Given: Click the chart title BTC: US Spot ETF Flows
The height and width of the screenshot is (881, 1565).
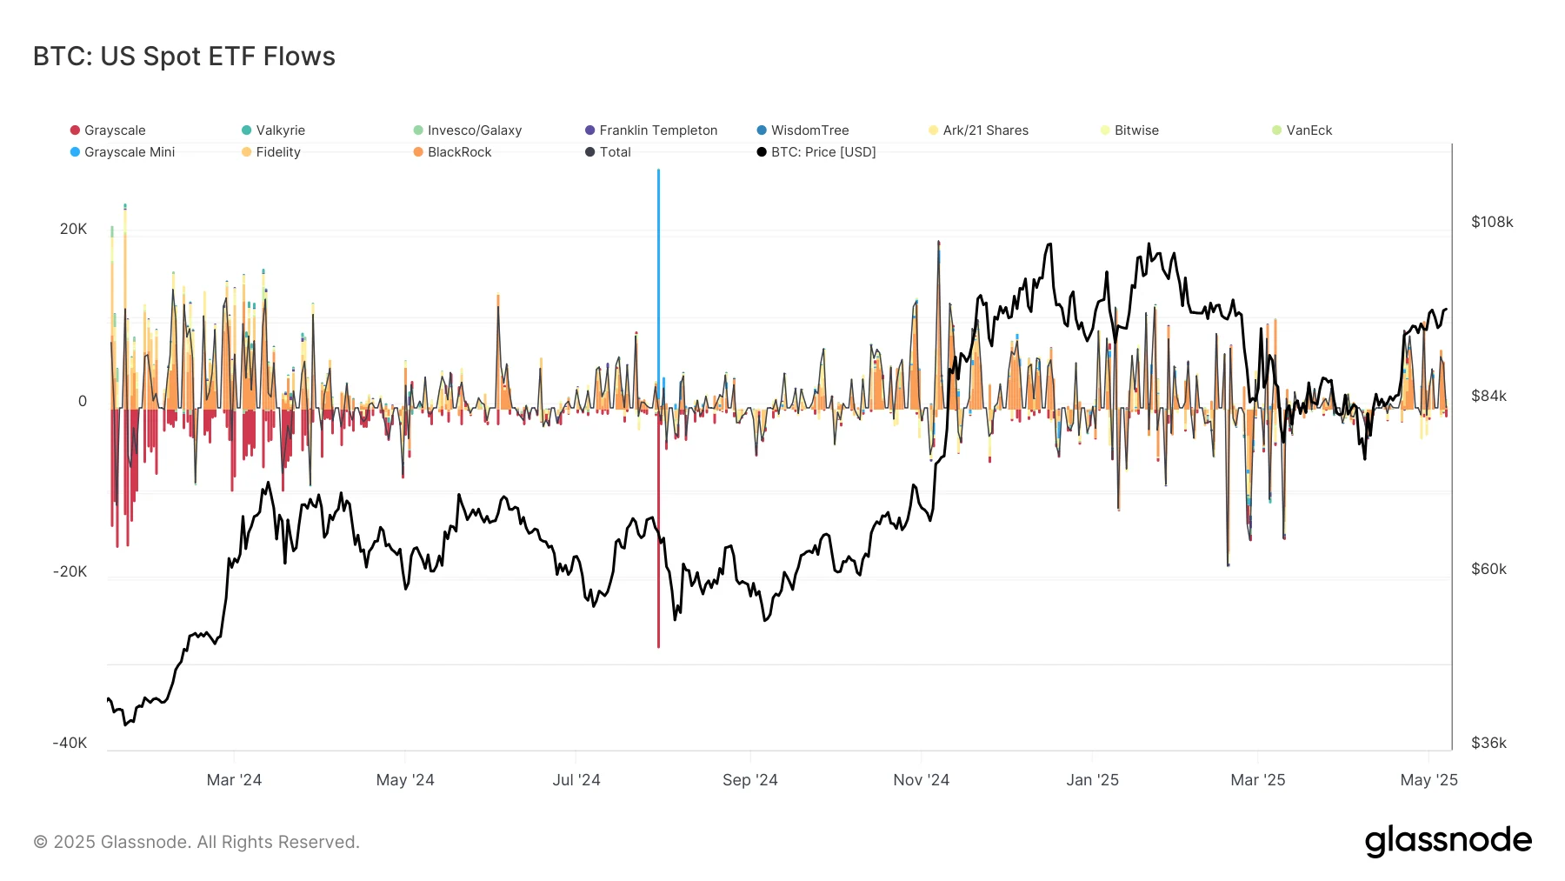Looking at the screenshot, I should [183, 57].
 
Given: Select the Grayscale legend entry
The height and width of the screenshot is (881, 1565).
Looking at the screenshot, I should [114, 130].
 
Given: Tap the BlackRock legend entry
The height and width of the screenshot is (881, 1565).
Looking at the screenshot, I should [458, 152].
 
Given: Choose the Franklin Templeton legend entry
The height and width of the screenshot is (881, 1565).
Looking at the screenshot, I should [657, 130].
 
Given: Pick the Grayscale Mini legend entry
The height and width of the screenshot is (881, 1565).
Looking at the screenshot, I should [129, 152].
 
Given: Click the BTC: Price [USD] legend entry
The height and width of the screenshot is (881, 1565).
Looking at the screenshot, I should [822, 152].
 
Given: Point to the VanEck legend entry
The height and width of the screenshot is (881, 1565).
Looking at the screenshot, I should [1308, 130].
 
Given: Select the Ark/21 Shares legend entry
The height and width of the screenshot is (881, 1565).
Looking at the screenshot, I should [984, 130].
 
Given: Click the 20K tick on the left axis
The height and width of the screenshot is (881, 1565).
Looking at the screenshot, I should [73, 229].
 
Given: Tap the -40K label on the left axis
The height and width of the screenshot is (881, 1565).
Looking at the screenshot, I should [70, 743].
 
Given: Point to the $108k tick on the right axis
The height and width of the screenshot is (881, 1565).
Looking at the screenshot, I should [1492, 222].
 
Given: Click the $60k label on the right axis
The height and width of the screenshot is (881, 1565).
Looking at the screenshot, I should [1488, 569].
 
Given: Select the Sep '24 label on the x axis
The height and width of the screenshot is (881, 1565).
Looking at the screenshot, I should [749, 780].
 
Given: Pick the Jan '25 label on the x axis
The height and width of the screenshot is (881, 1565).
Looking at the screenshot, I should [1092, 780].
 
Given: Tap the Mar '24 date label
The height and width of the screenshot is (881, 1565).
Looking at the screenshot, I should [234, 780].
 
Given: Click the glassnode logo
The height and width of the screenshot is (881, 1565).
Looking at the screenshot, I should [1448, 841].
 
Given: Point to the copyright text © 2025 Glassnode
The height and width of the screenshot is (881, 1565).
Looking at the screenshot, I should [196, 842].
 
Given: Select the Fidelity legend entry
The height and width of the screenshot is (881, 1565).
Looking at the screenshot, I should [277, 152].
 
